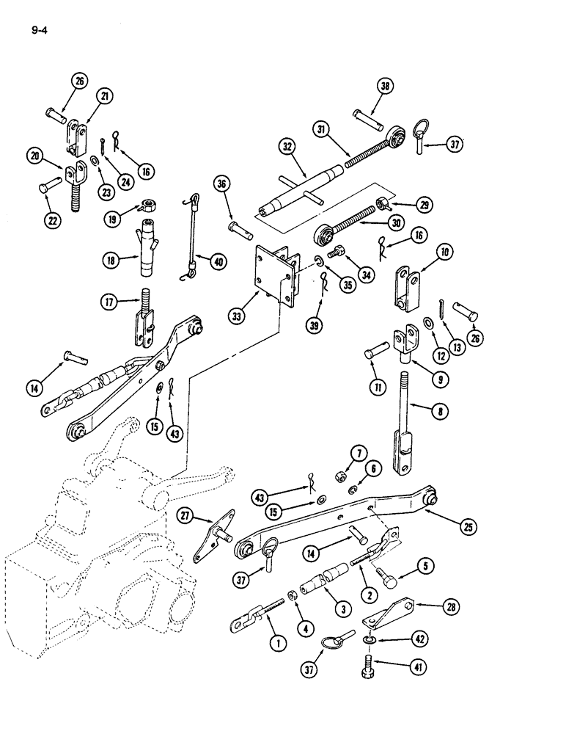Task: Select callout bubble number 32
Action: pos(287,147)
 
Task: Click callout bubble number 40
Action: pos(218,260)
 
